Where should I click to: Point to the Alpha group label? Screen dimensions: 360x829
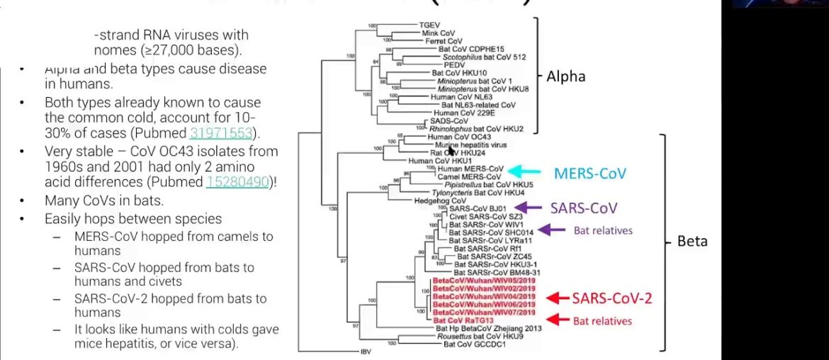pyautogui.click(x=565, y=76)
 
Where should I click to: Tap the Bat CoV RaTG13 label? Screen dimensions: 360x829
pyautogui.click(x=464, y=320)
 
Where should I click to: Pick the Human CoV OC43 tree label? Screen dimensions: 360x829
pyautogui.click(x=454, y=136)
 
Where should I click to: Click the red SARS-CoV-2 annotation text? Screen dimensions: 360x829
pyautogui.click(x=612, y=298)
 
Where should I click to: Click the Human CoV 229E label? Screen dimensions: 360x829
pyautogui.click(x=461, y=112)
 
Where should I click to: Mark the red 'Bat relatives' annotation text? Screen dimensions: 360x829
pyautogui.click(x=602, y=321)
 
